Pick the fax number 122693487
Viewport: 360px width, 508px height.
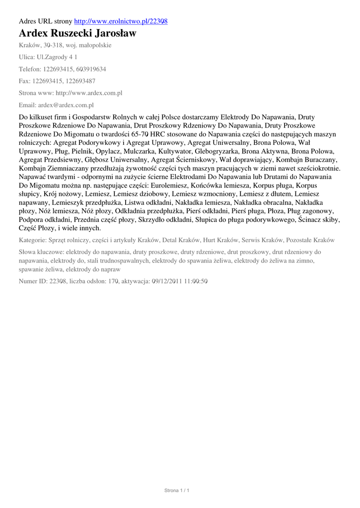79,81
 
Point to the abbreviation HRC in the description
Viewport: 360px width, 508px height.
159,134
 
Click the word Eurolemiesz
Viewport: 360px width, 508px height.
170,185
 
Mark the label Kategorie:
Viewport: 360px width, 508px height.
33,240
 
